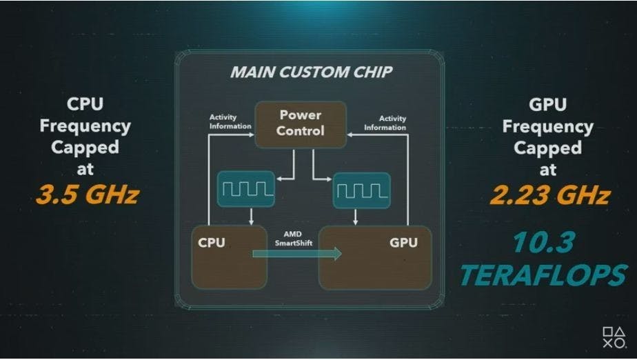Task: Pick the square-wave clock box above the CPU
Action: (x=246, y=190)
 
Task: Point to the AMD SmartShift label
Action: (x=294, y=238)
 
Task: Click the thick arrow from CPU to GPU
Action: (x=297, y=254)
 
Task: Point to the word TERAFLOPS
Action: (x=544, y=275)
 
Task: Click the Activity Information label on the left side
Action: (x=230, y=122)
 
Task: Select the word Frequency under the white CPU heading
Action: (x=85, y=126)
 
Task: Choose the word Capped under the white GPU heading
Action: (x=548, y=148)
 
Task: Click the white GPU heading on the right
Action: (x=547, y=105)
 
